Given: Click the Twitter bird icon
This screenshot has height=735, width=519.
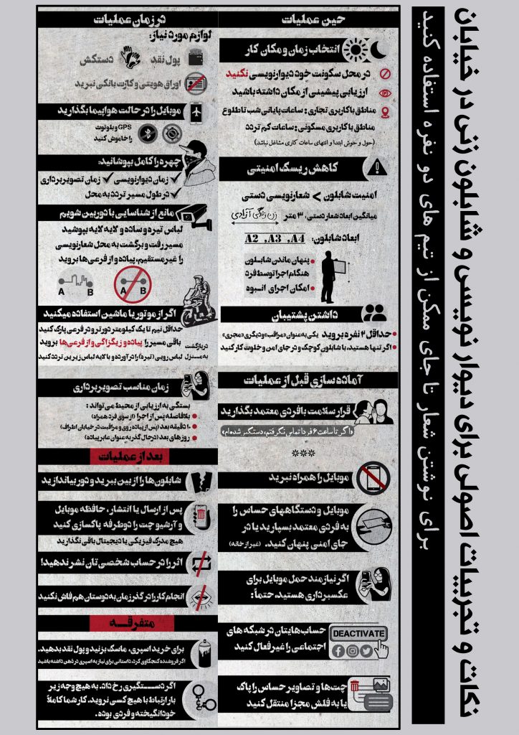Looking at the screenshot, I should click(366, 650).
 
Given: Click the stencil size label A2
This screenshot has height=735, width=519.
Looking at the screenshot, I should click(252, 238).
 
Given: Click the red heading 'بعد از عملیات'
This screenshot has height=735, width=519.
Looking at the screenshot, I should click(120, 457).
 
